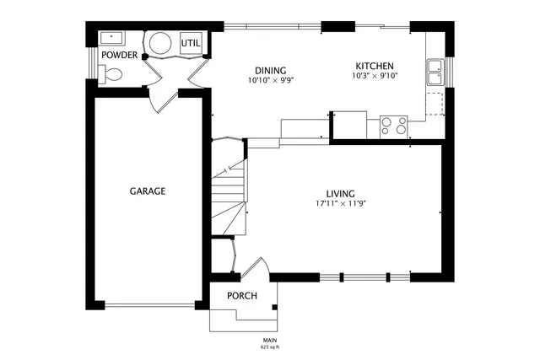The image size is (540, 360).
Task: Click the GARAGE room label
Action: coord(147,191)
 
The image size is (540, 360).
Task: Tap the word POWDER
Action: coord(119,55)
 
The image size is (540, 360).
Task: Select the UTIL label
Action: coord(191,43)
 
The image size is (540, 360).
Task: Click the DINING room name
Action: coord(271,70)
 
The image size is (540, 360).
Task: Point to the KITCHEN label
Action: coord(374,66)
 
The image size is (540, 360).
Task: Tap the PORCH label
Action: coord(242,296)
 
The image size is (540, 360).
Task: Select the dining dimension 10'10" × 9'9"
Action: coord(271,81)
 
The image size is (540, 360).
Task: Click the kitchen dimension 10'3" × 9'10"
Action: coord(374,76)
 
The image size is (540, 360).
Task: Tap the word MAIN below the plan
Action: coord(270,340)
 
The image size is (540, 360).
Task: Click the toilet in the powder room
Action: coord(111,75)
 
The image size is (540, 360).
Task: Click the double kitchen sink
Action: coord(435,73)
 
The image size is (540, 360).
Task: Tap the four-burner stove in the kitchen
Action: coord(393,126)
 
